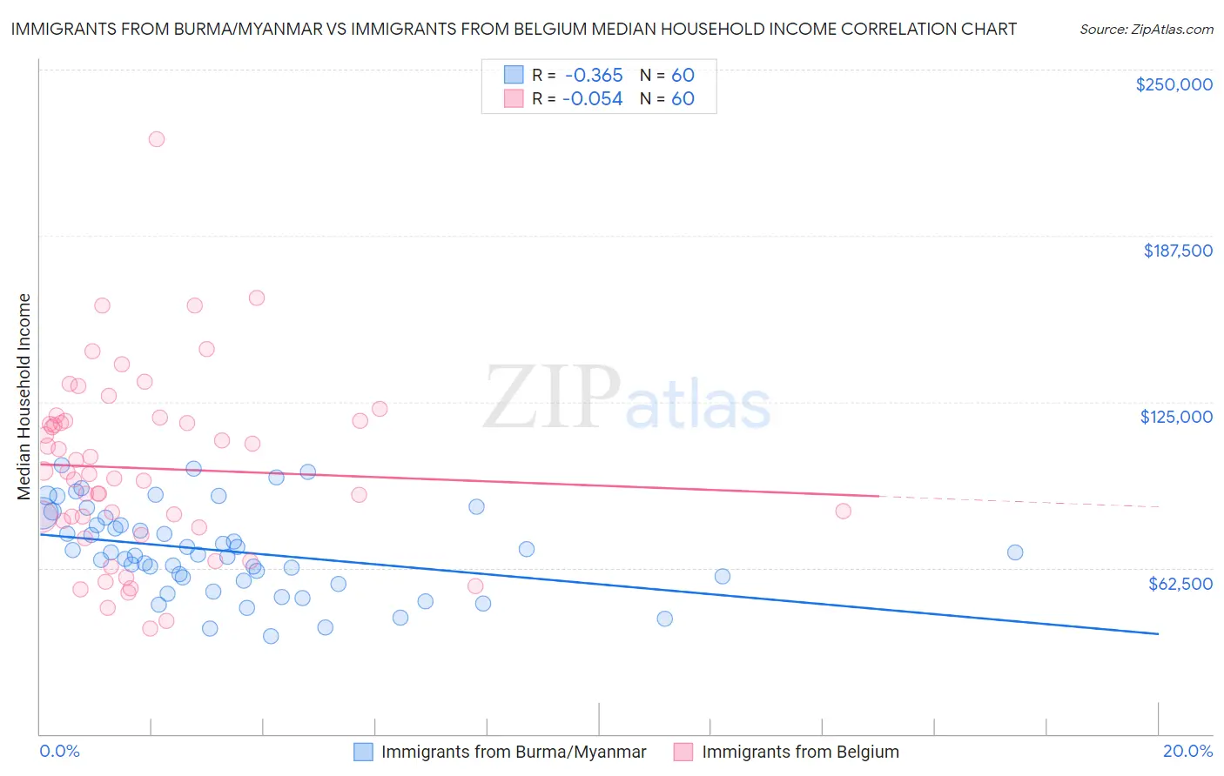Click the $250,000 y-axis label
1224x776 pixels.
point(1174,84)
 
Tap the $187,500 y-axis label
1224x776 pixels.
point(1177,251)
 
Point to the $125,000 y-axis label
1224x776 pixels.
point(1176,417)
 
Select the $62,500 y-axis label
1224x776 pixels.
point(1180,584)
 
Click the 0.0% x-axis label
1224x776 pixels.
point(59,751)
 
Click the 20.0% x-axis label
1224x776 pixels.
point(1187,751)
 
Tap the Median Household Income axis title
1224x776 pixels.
point(24,397)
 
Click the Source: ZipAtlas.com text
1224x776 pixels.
point(1146,29)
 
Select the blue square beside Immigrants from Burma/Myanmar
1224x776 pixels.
point(363,752)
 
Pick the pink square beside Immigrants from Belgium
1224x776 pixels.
point(683,752)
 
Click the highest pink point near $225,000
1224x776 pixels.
point(157,139)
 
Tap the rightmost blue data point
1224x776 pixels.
point(1014,552)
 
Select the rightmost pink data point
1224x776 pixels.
point(843,511)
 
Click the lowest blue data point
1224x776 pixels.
point(271,636)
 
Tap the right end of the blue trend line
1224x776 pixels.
point(1158,634)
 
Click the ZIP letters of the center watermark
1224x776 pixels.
point(550,398)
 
